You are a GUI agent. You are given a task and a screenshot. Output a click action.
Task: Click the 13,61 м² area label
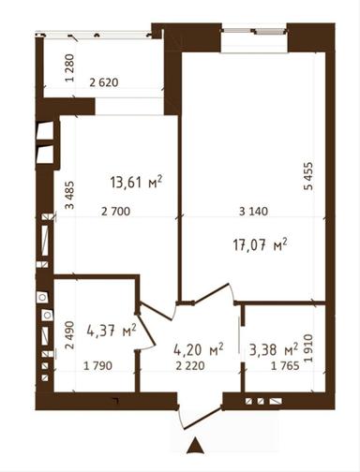tap(136, 182)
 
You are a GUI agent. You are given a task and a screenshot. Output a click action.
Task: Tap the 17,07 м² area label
tap(260, 244)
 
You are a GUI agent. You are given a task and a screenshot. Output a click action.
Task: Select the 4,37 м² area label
tap(112, 330)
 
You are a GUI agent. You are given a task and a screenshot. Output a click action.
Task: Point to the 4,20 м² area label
tap(198, 349)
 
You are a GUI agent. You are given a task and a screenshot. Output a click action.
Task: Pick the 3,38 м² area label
tap(274, 349)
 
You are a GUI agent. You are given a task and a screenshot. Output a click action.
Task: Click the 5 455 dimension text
tap(308, 176)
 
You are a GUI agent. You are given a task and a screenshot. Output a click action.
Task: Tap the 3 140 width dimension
tap(253, 212)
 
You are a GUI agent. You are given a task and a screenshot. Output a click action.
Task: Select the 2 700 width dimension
tap(115, 212)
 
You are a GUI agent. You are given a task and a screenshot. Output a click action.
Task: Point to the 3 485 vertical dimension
tap(69, 195)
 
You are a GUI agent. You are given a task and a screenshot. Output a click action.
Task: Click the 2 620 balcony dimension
tap(104, 82)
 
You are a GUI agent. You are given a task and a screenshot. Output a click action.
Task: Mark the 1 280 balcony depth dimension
tap(70, 68)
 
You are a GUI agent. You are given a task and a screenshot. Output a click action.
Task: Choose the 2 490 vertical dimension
tap(69, 335)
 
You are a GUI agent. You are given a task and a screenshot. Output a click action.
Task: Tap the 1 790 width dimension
tap(97, 365)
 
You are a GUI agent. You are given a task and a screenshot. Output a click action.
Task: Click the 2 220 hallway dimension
tap(190, 365)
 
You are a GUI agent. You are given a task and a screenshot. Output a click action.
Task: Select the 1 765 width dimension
tap(285, 365)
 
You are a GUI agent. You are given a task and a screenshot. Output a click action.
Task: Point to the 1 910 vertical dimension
tap(308, 348)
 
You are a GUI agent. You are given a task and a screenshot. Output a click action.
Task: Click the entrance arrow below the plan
tap(195, 446)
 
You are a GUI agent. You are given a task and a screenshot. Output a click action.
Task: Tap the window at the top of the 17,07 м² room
tap(254, 31)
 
